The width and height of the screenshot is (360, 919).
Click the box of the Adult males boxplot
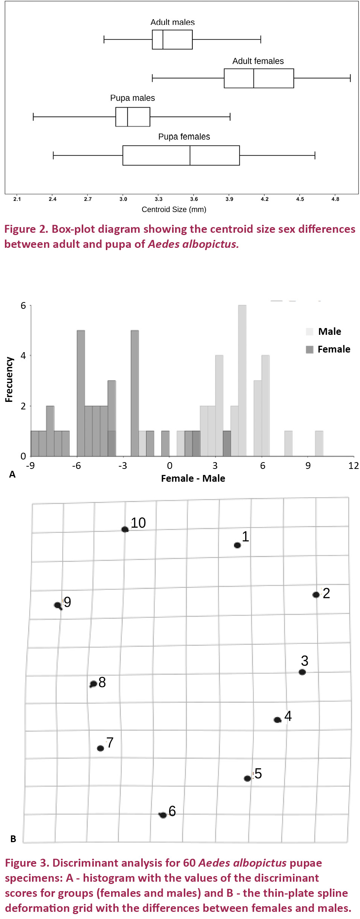(x=172, y=40)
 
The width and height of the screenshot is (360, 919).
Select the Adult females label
(x=258, y=61)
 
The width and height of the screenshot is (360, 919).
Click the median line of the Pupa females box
(x=190, y=156)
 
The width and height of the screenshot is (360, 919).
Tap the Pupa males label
(x=133, y=98)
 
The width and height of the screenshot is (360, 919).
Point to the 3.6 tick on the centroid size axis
(x=194, y=199)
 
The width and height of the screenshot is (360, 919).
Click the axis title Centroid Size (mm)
(x=174, y=209)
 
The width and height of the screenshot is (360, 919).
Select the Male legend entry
(x=329, y=331)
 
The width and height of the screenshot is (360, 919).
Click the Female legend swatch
(x=310, y=350)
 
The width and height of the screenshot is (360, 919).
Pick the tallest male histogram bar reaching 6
(x=242, y=380)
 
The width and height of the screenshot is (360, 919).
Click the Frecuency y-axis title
(x=9, y=380)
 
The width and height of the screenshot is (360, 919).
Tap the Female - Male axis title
(x=193, y=478)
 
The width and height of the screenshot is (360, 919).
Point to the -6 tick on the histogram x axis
(x=76, y=466)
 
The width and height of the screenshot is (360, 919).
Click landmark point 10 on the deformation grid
(x=125, y=530)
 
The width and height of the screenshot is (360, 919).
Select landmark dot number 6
(x=163, y=815)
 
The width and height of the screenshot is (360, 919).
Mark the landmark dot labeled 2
(x=316, y=595)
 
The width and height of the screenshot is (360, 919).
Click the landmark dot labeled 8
(x=93, y=684)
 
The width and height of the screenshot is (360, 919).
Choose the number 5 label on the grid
(x=258, y=774)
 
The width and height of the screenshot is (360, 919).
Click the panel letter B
(x=13, y=839)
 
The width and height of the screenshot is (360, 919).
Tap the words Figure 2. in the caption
(x=26, y=229)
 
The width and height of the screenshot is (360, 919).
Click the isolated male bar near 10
(x=319, y=443)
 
